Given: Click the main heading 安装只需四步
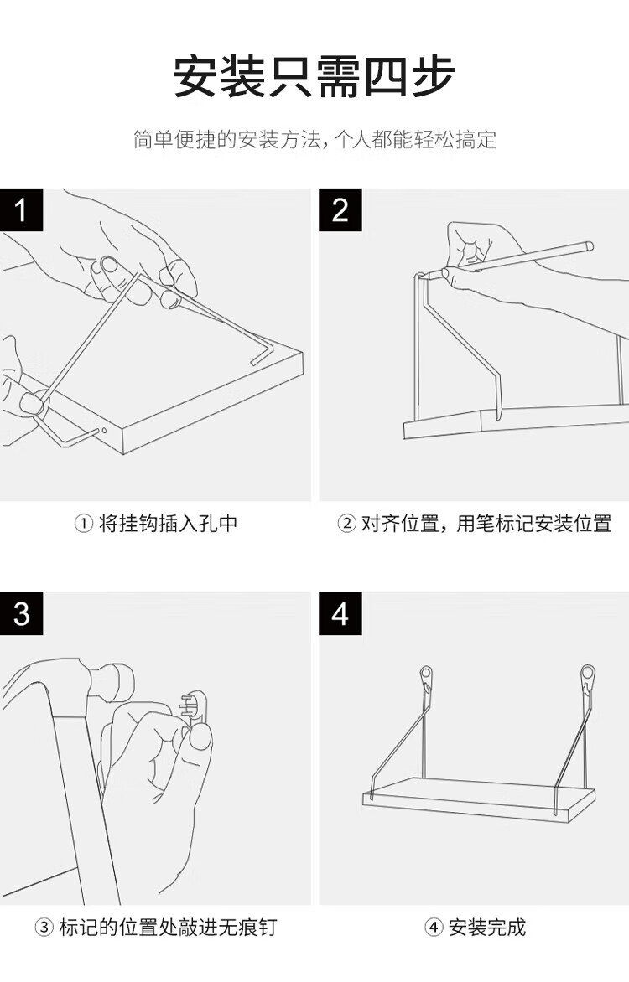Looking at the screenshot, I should click(x=314, y=77).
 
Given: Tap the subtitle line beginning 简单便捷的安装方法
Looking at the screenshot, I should click(x=314, y=139).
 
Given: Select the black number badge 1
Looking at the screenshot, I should click(x=22, y=209).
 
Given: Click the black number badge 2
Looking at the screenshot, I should click(x=340, y=209).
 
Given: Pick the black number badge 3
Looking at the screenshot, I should click(x=22, y=613).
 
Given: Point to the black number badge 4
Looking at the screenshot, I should click(x=340, y=613).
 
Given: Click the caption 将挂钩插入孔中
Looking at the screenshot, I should click(x=168, y=524).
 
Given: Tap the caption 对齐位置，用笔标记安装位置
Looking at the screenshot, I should click(x=486, y=524).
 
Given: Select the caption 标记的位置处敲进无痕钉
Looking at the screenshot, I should click(x=167, y=928).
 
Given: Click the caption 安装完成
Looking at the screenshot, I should click(x=486, y=928).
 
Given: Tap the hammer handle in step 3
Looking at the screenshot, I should click(x=84, y=796).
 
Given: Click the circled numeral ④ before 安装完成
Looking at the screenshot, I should click(x=434, y=928).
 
